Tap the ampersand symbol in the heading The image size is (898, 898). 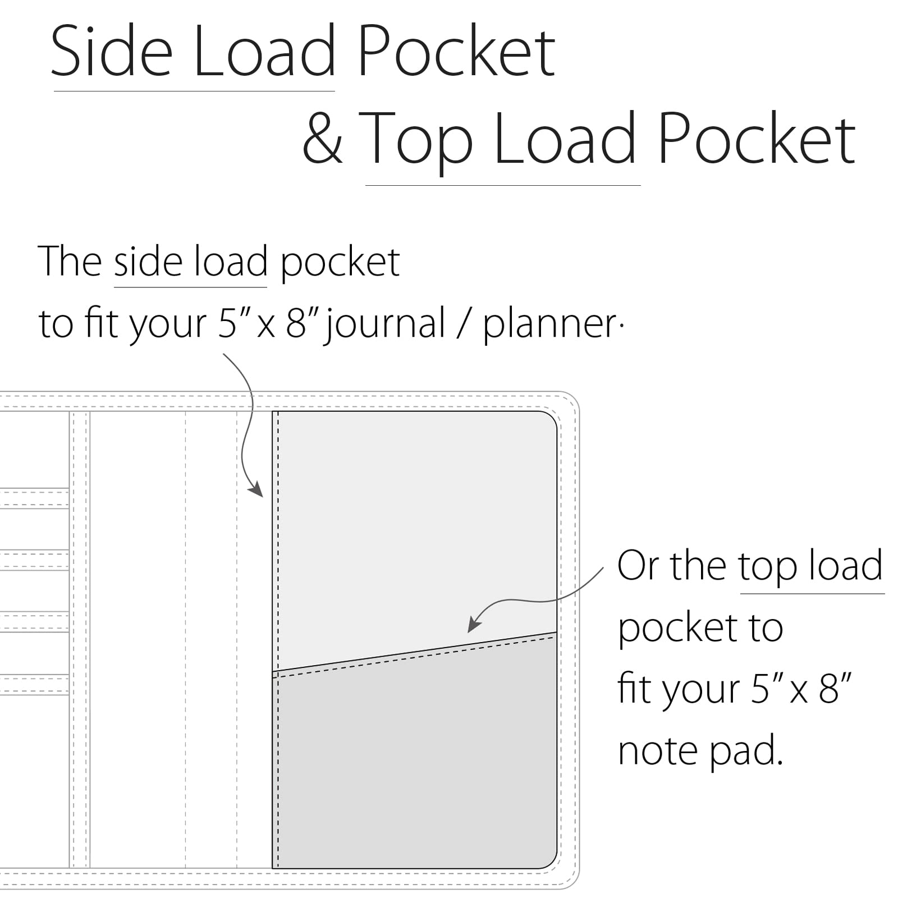[322, 138]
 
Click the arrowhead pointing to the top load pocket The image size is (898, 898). [475, 624]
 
